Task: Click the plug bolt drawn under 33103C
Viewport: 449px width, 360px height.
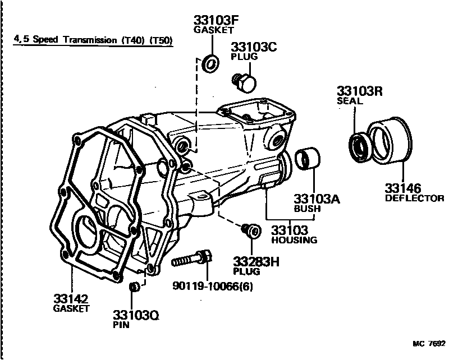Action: coord(244,82)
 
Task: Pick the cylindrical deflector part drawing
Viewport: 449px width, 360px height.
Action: coord(388,143)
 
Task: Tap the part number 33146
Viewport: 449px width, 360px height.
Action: coord(402,188)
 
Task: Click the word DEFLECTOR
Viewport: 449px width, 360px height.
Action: coord(414,199)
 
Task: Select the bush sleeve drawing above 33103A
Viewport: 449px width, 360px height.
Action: coord(308,158)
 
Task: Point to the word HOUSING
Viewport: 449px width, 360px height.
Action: coord(294,241)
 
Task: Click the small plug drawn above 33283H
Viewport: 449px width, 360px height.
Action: coord(250,230)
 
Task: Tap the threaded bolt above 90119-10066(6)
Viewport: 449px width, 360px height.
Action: coord(191,260)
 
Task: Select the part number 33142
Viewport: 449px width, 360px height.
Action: coord(71,298)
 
